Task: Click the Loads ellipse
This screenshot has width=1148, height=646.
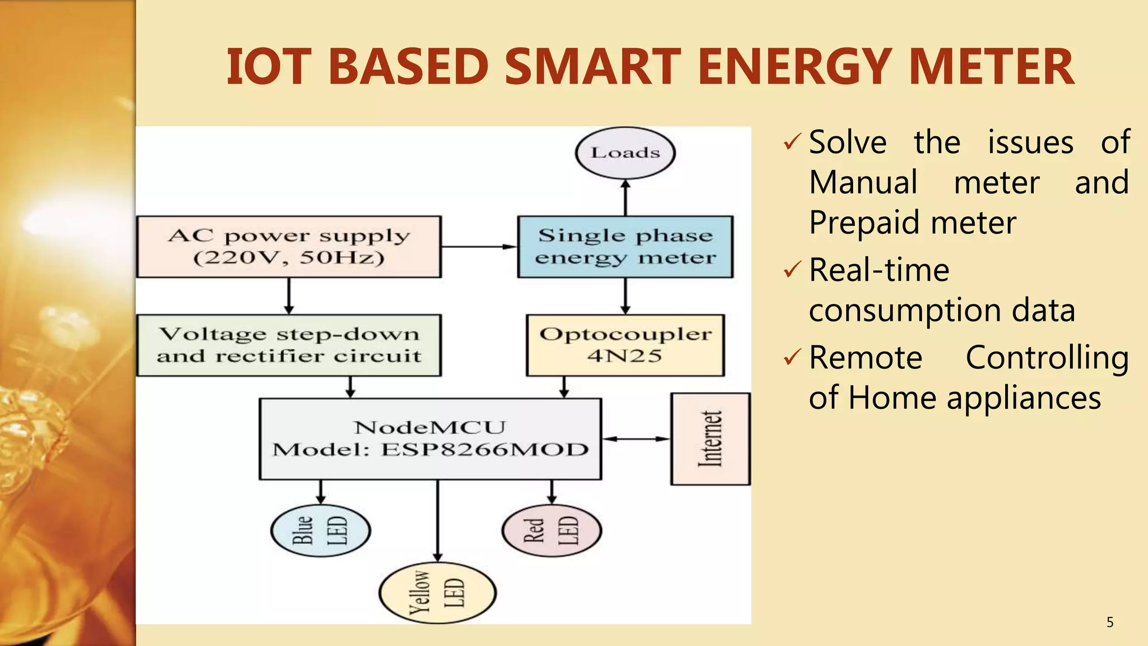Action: (625, 153)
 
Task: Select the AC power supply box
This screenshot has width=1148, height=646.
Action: (289, 247)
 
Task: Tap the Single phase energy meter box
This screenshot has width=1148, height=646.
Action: (625, 247)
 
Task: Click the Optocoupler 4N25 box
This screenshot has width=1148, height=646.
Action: (625, 345)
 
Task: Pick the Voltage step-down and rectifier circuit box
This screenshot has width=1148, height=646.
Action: (289, 345)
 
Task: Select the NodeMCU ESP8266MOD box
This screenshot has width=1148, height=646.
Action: (430, 439)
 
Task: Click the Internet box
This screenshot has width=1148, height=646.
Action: (710, 439)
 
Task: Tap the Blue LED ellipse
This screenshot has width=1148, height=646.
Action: (320, 530)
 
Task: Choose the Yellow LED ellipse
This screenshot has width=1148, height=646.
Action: (437, 593)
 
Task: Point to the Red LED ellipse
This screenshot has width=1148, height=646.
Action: (552, 530)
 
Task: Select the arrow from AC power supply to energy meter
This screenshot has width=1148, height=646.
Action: (479, 246)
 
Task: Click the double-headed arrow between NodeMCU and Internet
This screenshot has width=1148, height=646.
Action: (636, 439)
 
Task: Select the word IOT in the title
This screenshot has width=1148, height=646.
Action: (268, 67)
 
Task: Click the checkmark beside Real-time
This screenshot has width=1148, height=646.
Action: (792, 270)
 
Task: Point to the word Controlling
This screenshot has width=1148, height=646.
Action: (1047, 358)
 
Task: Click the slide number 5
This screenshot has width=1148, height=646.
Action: (1110, 622)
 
